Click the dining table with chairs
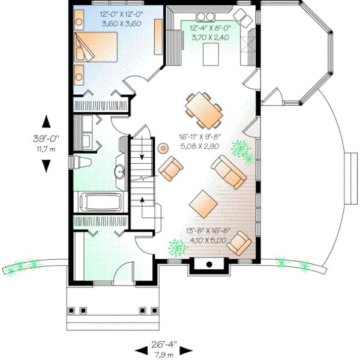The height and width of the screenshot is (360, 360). coord(203,110)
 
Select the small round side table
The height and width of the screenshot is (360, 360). coord(162,148)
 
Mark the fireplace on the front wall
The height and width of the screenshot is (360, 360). coord(209,265)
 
